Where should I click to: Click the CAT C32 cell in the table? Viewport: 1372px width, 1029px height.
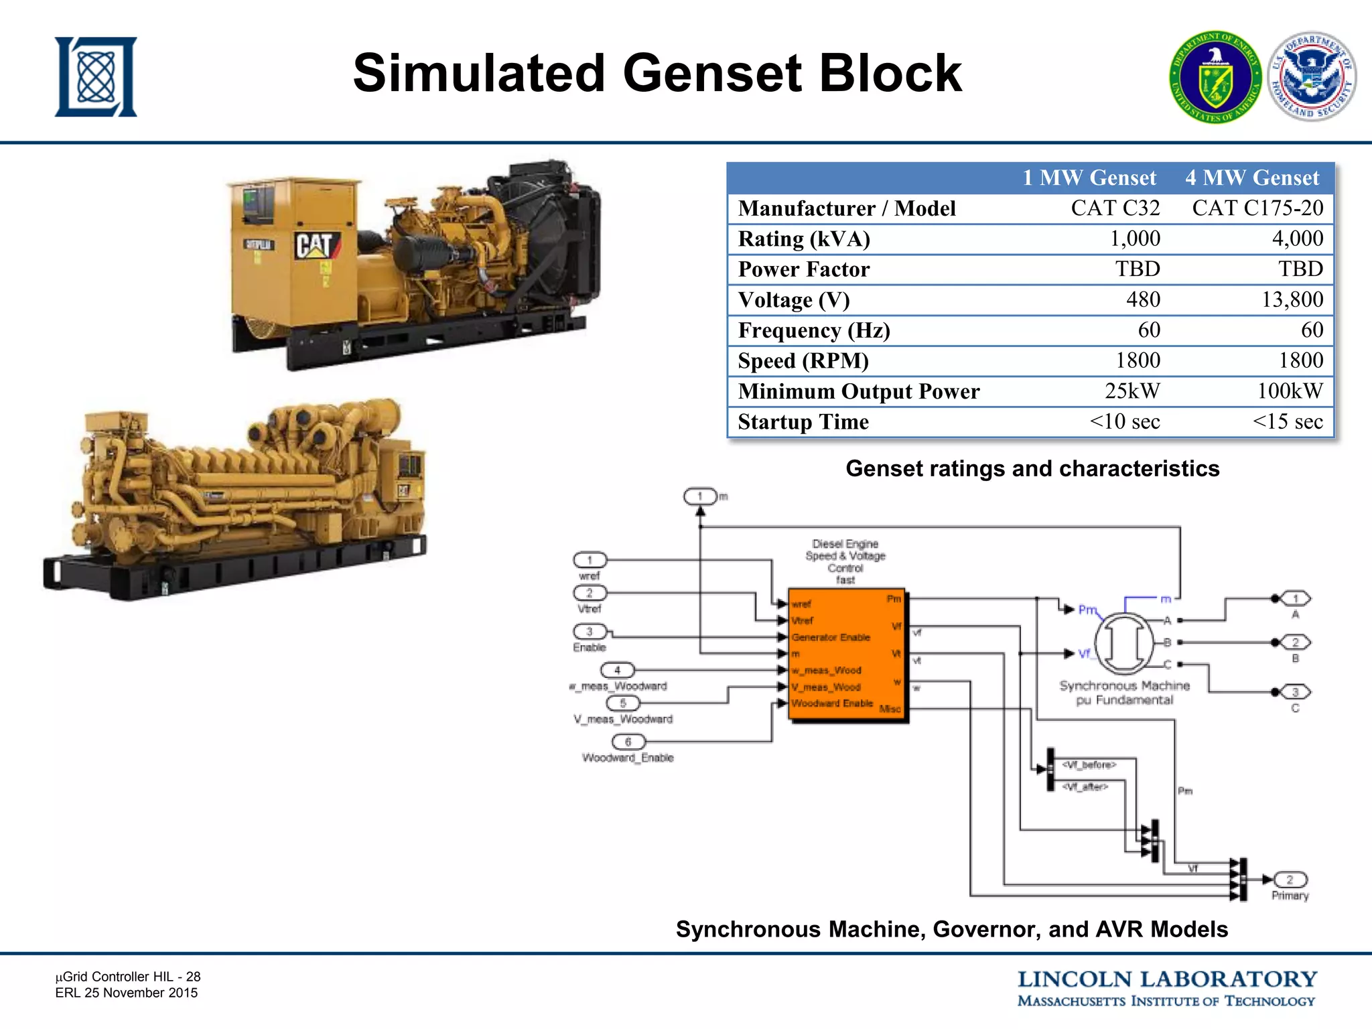(1115, 208)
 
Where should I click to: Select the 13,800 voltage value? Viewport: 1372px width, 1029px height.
(1292, 299)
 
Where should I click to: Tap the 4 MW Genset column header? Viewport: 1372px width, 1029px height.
(1251, 178)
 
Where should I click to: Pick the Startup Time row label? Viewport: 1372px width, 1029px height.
(803, 422)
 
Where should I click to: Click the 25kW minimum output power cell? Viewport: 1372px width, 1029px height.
(1131, 391)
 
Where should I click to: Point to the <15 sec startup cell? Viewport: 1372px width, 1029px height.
(1287, 421)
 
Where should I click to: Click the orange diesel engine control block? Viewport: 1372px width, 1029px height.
(847, 655)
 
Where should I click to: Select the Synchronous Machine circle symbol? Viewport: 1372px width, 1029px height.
(1124, 643)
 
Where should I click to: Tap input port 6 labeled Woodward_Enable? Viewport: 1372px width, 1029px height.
(628, 742)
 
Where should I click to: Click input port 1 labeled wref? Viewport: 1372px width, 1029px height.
(590, 560)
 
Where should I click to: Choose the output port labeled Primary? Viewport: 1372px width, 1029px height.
(1290, 880)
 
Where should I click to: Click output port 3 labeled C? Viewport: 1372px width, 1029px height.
(1295, 692)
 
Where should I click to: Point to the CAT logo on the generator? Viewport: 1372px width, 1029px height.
(315, 245)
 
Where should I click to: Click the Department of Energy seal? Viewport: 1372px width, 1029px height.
(1215, 77)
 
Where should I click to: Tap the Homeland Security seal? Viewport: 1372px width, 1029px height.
(1312, 77)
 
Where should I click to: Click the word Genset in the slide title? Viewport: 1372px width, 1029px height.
(712, 73)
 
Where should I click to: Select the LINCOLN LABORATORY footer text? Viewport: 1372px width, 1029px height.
(1167, 979)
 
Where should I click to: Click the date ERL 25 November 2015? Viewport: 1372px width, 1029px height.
(127, 993)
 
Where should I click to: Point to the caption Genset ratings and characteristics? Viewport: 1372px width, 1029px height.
(1032, 468)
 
